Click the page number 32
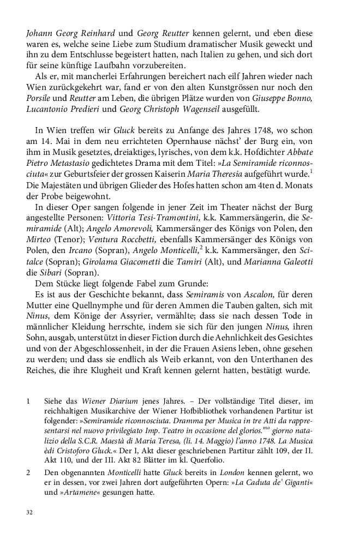point(29,513)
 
